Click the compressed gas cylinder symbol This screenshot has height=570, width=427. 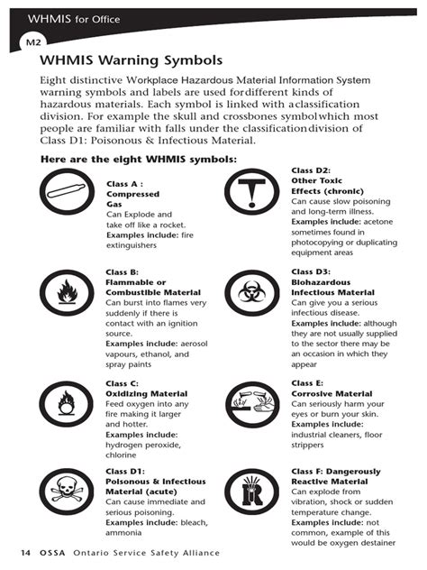(68, 198)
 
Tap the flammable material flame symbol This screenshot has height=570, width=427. (68, 294)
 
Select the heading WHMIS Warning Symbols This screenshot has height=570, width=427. (131, 61)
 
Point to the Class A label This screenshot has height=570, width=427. (123, 183)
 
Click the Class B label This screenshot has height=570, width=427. (122, 271)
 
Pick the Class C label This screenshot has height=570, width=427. (122, 383)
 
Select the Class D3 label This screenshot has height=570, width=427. (310, 271)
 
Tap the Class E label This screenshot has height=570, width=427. (307, 383)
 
